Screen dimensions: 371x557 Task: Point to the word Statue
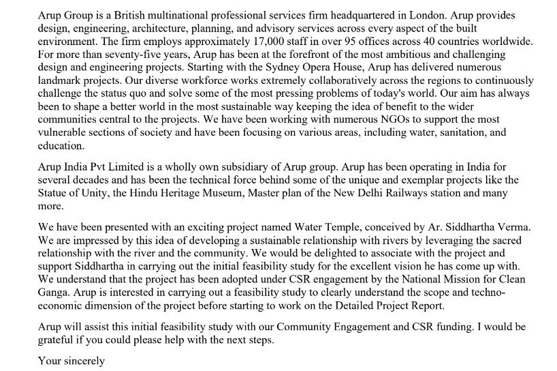tap(56, 193)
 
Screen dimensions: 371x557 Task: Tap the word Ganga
tap(56, 293)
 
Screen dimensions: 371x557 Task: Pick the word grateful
tap(59, 340)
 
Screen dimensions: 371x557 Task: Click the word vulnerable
tap(65, 132)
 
